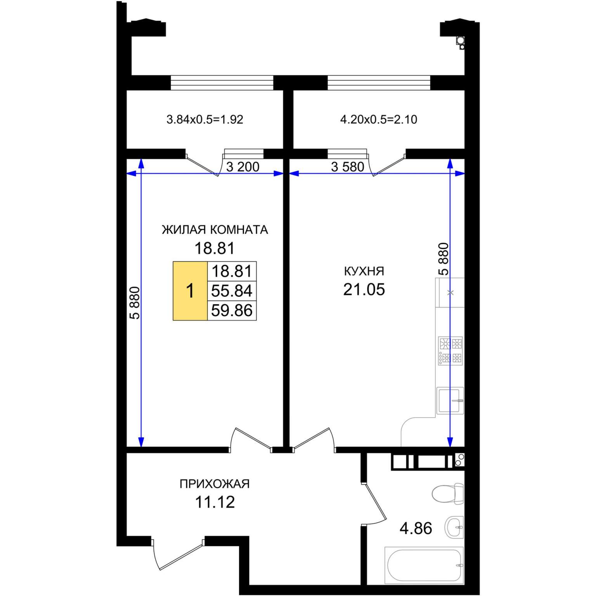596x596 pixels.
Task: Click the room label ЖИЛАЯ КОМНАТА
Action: [x=215, y=230]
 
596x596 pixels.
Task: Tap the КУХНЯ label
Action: [x=364, y=271]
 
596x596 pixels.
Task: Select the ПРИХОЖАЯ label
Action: [x=215, y=484]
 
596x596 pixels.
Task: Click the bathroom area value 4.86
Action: [x=416, y=528]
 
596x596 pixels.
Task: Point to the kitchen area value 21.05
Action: [x=364, y=289]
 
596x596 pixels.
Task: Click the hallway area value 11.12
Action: [x=215, y=502]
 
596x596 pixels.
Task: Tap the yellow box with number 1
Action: [x=190, y=291]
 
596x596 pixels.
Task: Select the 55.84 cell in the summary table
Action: [x=232, y=291]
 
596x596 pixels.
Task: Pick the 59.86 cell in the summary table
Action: [x=232, y=310]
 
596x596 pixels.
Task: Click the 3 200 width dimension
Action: [x=243, y=167]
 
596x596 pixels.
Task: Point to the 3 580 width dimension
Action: [x=348, y=167]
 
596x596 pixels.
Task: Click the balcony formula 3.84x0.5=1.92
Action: [x=205, y=120]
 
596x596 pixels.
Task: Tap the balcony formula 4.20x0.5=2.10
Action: [x=379, y=120]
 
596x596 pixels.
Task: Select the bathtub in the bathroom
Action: [x=424, y=565]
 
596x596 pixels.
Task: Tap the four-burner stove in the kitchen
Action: [x=450, y=351]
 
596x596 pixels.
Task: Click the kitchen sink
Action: [x=450, y=400]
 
